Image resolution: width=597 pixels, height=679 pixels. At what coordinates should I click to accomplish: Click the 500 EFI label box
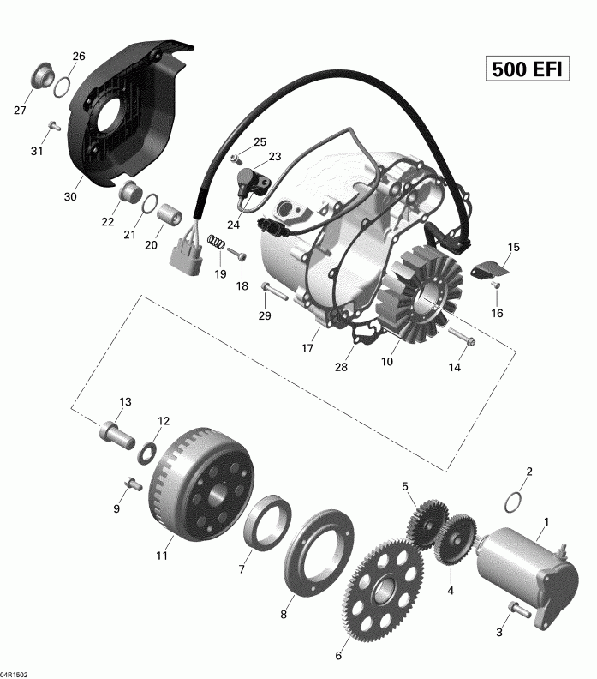(x=527, y=69)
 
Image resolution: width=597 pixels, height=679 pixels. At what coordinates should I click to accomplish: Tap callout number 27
(x=20, y=110)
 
